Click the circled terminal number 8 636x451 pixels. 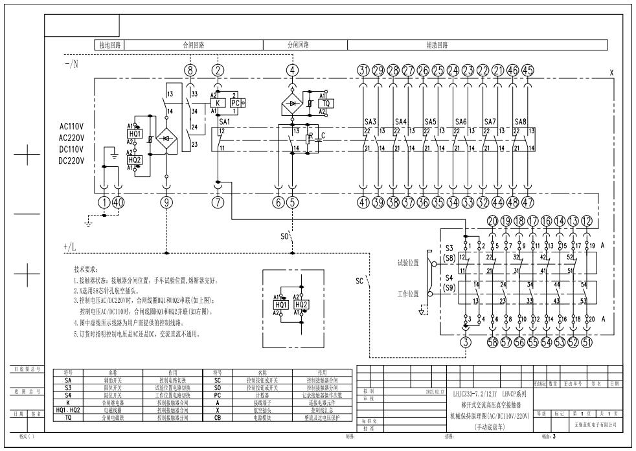pos(190,70)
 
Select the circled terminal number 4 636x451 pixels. pos(293,70)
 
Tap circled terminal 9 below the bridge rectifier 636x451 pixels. pos(167,203)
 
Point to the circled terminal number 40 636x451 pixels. pos(117,203)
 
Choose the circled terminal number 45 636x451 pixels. pos(528,70)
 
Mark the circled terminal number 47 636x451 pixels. pos(528,203)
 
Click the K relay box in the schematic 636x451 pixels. pos(218,103)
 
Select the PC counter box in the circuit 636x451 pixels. pos(235,103)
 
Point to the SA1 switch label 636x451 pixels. pos(225,121)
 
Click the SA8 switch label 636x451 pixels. pos(520,121)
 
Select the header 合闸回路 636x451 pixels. pos(193,45)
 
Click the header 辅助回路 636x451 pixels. pos(437,45)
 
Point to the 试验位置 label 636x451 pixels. pos(408,263)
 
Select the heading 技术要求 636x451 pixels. pos(87,269)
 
